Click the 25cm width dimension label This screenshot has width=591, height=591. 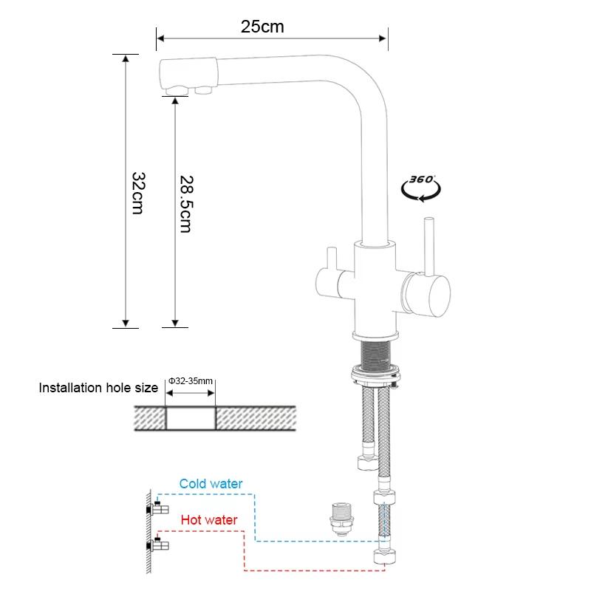(x=262, y=27)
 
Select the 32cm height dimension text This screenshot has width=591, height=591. (x=137, y=193)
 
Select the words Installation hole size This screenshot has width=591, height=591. (x=98, y=388)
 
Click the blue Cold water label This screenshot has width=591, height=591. (x=211, y=484)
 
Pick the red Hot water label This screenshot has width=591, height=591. (x=209, y=520)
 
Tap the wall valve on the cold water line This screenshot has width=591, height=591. (x=160, y=509)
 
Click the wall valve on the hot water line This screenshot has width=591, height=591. (x=160, y=547)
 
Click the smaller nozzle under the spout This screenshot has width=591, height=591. (x=205, y=89)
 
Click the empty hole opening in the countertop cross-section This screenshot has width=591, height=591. (x=189, y=418)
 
